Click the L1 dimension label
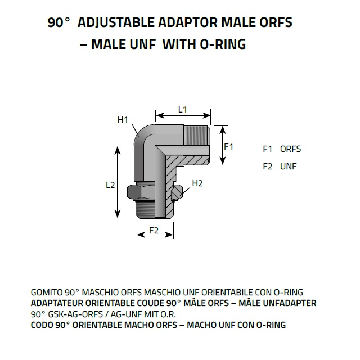click(x=183, y=110)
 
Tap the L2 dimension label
click(x=110, y=185)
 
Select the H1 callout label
click(x=123, y=120)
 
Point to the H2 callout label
click(x=197, y=183)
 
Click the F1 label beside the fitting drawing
click(x=229, y=146)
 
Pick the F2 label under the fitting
click(x=154, y=230)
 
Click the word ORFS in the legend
click(x=290, y=149)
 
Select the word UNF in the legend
click(x=289, y=166)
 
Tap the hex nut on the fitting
click(x=141, y=192)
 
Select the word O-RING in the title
click(x=223, y=44)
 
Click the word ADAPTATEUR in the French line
click(x=57, y=303)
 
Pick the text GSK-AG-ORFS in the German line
click(x=75, y=314)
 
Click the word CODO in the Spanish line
click(x=42, y=325)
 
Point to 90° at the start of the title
click(x=58, y=22)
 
